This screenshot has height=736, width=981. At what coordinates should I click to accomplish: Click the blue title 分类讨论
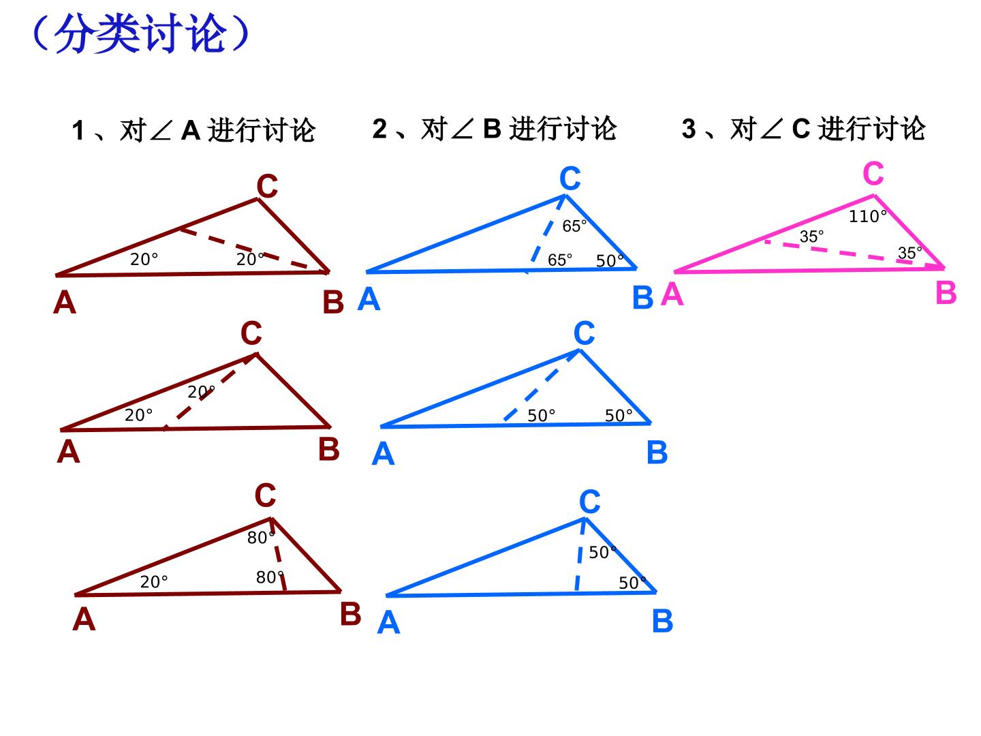tap(140, 33)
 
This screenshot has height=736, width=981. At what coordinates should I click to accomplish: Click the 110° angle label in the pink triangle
tap(867, 216)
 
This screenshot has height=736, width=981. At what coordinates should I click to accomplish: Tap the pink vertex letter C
tap(873, 173)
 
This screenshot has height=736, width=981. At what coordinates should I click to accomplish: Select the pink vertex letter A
tap(672, 294)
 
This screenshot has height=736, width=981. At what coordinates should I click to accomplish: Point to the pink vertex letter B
tap(946, 293)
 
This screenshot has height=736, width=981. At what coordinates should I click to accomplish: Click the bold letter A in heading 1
tap(191, 130)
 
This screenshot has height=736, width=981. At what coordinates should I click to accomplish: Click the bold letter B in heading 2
tap(493, 128)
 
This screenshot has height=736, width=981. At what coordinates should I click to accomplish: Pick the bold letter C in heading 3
tap(801, 128)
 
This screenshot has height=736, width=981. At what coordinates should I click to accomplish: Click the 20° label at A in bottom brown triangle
tap(154, 582)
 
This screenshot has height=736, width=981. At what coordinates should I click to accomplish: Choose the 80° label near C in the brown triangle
tap(261, 538)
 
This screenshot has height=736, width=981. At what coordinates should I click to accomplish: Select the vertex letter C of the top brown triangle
tap(267, 185)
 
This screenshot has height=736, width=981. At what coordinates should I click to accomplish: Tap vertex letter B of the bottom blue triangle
tap(662, 621)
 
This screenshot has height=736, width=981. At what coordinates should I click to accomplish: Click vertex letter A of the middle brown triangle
tap(68, 451)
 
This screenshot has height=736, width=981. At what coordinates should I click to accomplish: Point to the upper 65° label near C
tap(574, 226)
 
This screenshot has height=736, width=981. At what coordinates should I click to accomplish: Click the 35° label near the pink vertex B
tap(910, 253)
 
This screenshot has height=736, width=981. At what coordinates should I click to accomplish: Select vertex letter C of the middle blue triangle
tap(584, 333)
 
